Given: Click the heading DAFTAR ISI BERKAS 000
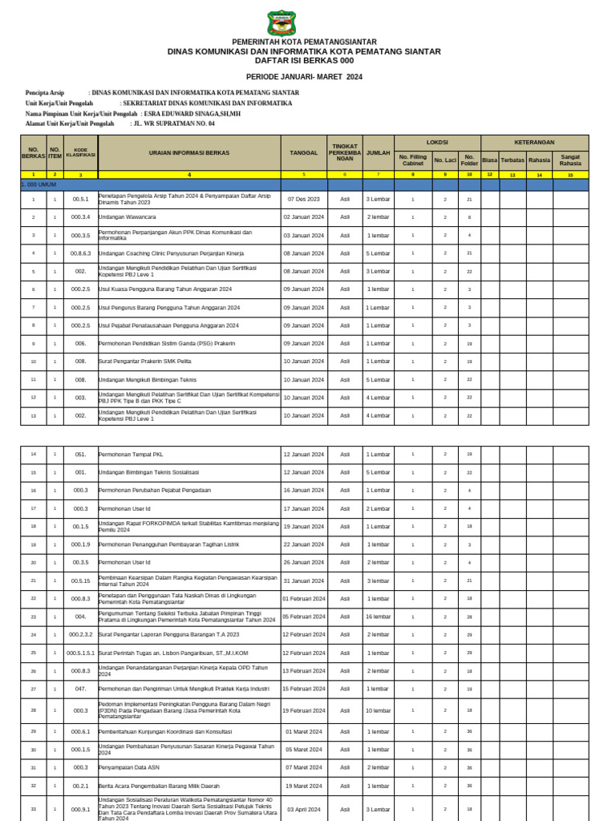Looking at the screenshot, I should tap(303, 60).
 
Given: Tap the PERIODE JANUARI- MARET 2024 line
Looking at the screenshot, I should tap(303, 76).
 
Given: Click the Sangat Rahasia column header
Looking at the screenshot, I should tap(570, 160).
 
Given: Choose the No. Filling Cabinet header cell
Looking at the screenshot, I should tap(413, 160).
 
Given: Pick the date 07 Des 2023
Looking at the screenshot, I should tap(303, 199).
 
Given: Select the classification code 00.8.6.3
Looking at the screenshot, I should tap(80, 253).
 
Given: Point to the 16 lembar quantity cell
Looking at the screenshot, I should tap(378, 617).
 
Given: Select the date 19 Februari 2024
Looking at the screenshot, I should tap(303, 710).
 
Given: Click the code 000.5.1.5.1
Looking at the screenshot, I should tap(80, 653).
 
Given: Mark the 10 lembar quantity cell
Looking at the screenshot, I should tap(378, 710).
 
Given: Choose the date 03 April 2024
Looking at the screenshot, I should tap(303, 809).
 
